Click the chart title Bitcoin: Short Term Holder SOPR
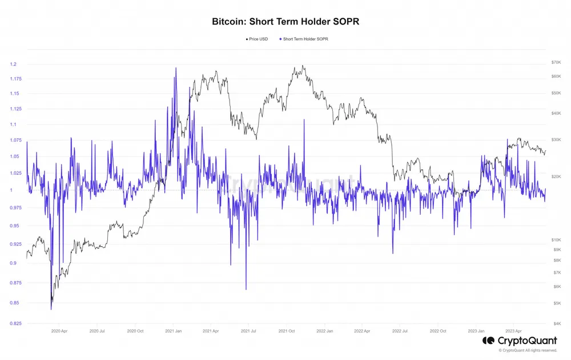(x=285, y=21)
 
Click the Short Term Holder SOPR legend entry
(x=305, y=39)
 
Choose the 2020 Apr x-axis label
(x=60, y=331)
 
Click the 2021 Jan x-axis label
(x=174, y=331)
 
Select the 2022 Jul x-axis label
(x=400, y=331)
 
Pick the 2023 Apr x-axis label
(x=514, y=331)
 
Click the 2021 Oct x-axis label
(x=287, y=331)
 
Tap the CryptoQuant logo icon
(x=488, y=341)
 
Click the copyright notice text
(x=528, y=350)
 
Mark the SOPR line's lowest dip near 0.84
(x=51, y=309)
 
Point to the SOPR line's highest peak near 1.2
(x=175, y=68)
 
